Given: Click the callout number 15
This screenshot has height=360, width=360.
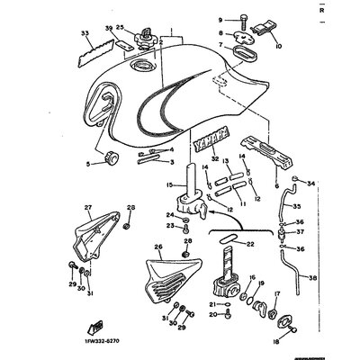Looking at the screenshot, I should [x=168, y=185].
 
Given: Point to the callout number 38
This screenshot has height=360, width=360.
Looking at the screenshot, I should [x=314, y=278].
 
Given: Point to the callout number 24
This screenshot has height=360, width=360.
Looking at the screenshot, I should [x=170, y=240].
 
